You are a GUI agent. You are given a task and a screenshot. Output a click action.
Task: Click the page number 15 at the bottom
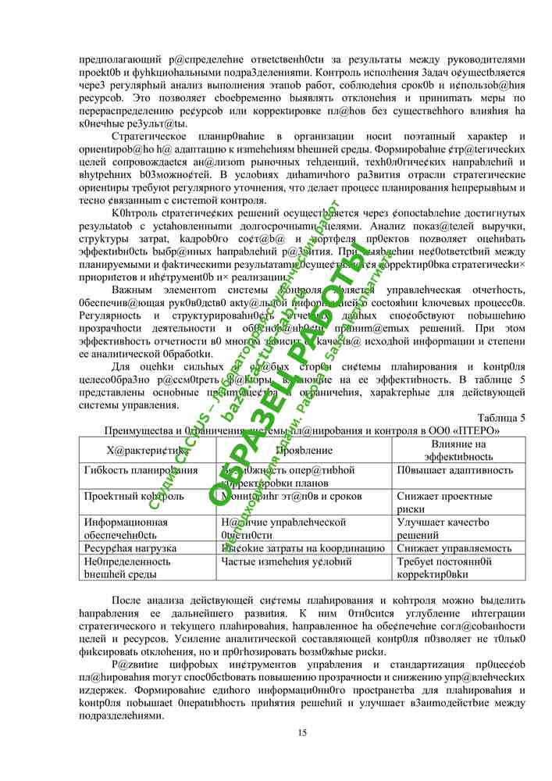point(302,732)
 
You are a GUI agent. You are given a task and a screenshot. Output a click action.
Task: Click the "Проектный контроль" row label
point(134,496)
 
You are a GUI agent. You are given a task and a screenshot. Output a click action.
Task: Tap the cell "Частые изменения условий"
point(287,562)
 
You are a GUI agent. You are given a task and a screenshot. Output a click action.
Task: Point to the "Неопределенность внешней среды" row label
point(127,568)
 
